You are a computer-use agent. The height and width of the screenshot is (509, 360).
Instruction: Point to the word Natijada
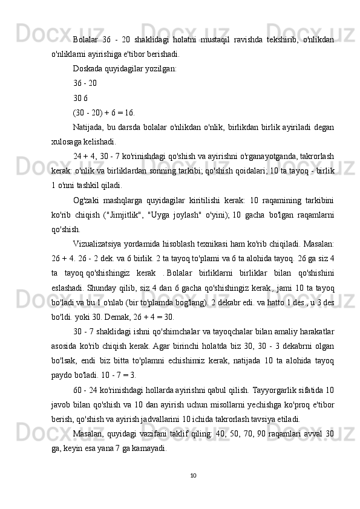pos(88,127)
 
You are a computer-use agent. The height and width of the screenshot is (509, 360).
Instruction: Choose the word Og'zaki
pos(86,200)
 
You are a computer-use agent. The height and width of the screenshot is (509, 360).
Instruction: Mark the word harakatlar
pos(315,331)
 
